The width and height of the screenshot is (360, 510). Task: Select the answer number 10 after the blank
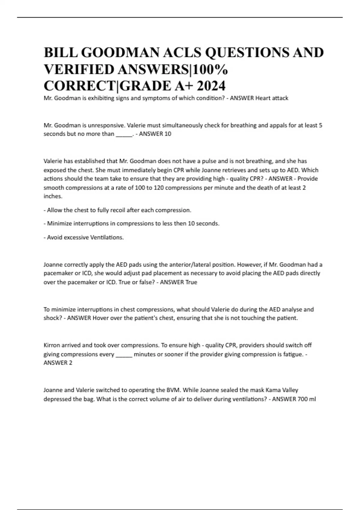[x=168, y=134]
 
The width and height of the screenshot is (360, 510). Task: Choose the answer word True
[x=191, y=282]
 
